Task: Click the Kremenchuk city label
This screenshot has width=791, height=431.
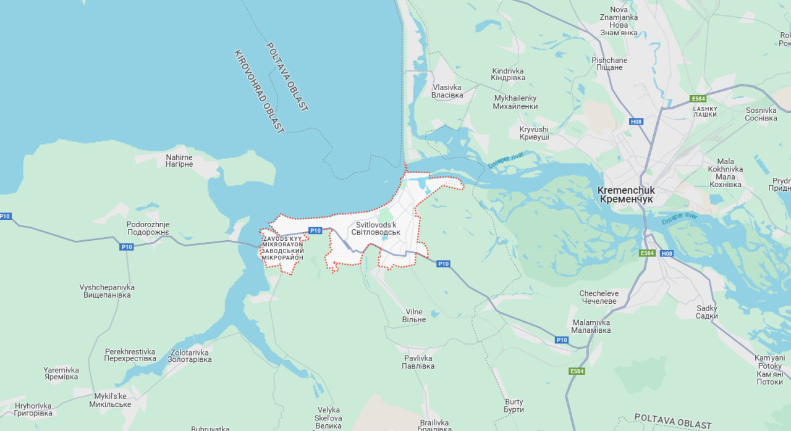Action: [626, 195]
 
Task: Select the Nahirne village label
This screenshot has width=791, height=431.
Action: [179, 161]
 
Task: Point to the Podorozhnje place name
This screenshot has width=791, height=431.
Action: [148, 228]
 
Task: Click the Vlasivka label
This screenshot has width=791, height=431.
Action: [447, 91]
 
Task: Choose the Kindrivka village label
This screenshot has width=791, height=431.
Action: [508, 75]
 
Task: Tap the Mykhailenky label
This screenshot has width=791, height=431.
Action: [515, 102]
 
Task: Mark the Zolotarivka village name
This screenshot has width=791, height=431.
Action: [190, 355]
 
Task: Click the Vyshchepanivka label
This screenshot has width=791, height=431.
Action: [107, 291]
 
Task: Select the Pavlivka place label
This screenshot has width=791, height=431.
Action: [419, 362]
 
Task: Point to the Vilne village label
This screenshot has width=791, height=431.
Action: [414, 316]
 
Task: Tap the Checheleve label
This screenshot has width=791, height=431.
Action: [598, 297]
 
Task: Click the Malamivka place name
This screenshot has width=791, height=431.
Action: [591, 326]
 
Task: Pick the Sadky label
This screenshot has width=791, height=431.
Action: [706, 312]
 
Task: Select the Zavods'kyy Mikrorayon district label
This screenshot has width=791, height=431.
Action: [282, 248]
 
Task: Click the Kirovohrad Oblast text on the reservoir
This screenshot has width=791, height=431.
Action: [259, 91]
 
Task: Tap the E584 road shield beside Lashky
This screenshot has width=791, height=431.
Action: [698, 98]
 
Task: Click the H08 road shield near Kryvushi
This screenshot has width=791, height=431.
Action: [636, 122]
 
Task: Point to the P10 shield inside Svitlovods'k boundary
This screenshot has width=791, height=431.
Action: [315, 230]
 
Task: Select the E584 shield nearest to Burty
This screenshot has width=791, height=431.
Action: [577, 371]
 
